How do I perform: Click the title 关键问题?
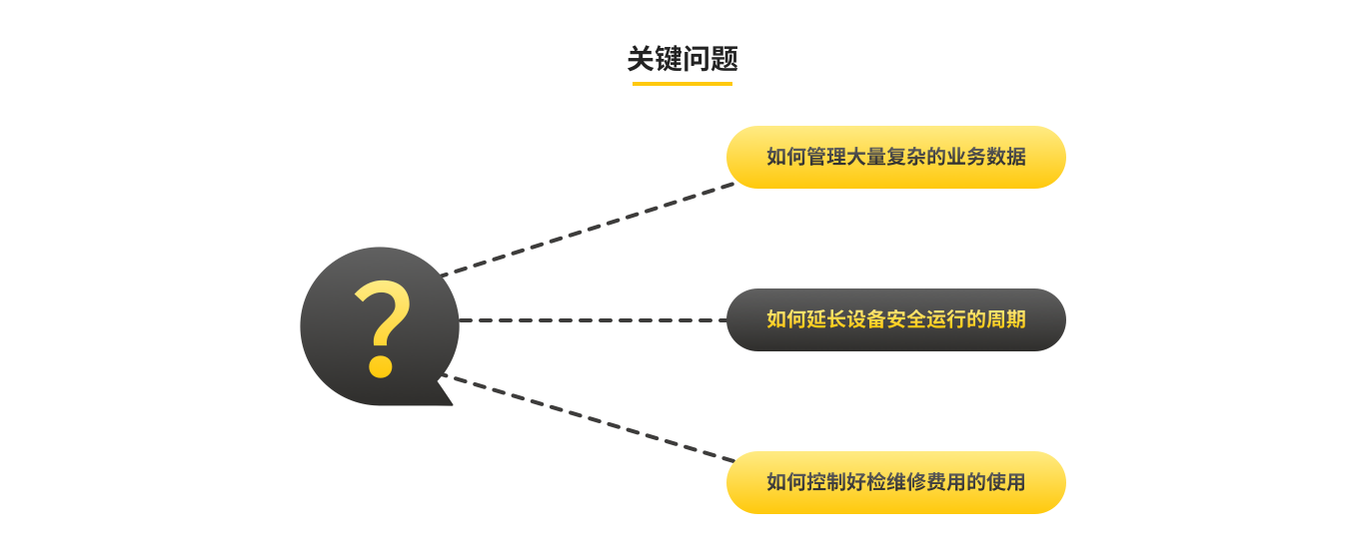(682, 59)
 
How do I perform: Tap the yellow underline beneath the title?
(682, 84)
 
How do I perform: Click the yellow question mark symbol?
(382, 328)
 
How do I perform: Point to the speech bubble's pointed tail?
(445, 392)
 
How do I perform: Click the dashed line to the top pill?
(588, 229)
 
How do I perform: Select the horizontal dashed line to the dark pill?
(593, 320)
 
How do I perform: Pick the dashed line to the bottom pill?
(588, 417)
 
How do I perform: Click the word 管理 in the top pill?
(826, 157)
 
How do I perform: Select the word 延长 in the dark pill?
(826, 319)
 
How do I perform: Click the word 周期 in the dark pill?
(1006, 319)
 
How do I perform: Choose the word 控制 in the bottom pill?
(826, 482)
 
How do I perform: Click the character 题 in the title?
(724, 59)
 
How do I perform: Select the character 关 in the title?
(642, 59)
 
